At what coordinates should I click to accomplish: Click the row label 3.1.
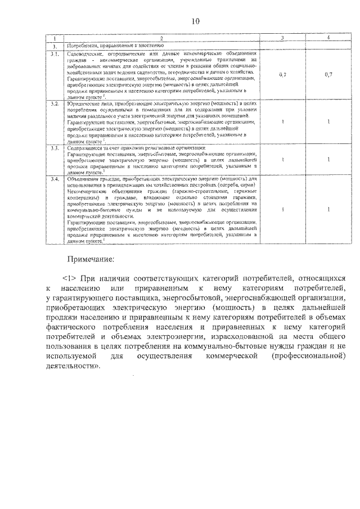point(55,55)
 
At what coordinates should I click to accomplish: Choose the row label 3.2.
point(55,105)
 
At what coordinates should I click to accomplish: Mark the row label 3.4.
point(55,179)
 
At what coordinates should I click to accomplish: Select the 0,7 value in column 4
point(328,74)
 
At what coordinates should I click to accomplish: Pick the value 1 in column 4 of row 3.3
point(328,159)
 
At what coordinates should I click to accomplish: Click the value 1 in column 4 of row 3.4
point(328,209)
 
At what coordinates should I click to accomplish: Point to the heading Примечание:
point(91,259)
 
